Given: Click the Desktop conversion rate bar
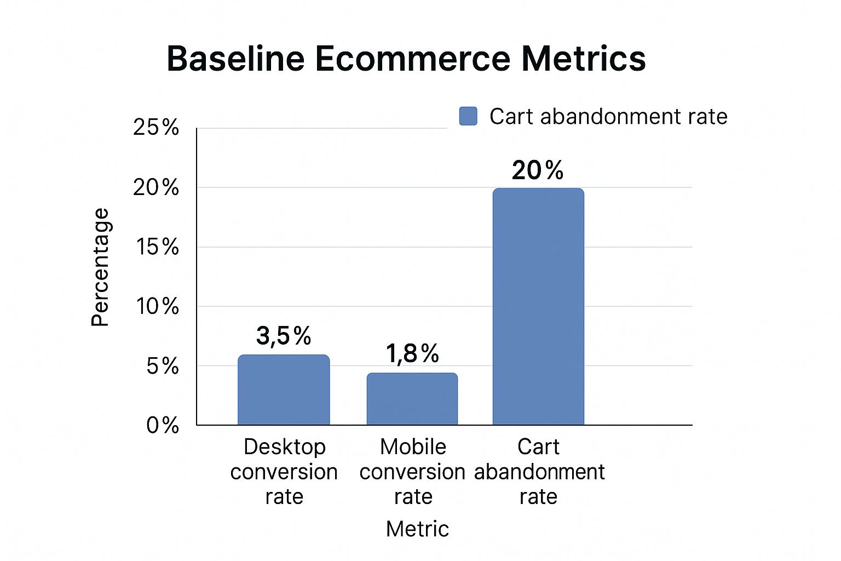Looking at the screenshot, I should pos(284,390).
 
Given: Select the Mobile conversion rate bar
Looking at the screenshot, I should pos(412,399).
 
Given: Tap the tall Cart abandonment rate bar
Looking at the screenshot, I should pos(538,307).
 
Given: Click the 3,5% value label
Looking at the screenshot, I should pos(284,336).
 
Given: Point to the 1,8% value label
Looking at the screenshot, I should pos(412,353).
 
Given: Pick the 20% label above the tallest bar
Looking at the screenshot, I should pos(538,170).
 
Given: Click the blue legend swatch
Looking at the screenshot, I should pos(468,116).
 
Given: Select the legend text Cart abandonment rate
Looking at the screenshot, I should pos(608,116).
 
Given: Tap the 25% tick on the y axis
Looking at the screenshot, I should pos(156,127).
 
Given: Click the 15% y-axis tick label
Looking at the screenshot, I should pos(158,247).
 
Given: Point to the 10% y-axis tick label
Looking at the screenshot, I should pos(158,306).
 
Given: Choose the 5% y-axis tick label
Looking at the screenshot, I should pos(163,366).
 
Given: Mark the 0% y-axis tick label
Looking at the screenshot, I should pos(163,425).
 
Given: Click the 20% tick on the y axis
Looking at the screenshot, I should pos(156,187).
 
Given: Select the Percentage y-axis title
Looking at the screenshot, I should pos(101,267).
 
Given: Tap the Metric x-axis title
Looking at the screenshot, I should pos(417,529).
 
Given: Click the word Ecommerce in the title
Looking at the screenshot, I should pos(412,59).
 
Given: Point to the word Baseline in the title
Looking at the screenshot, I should pos(235,59).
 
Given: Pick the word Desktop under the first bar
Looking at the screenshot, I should pos(285,446).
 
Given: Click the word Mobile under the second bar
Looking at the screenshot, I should pos(413,446).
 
